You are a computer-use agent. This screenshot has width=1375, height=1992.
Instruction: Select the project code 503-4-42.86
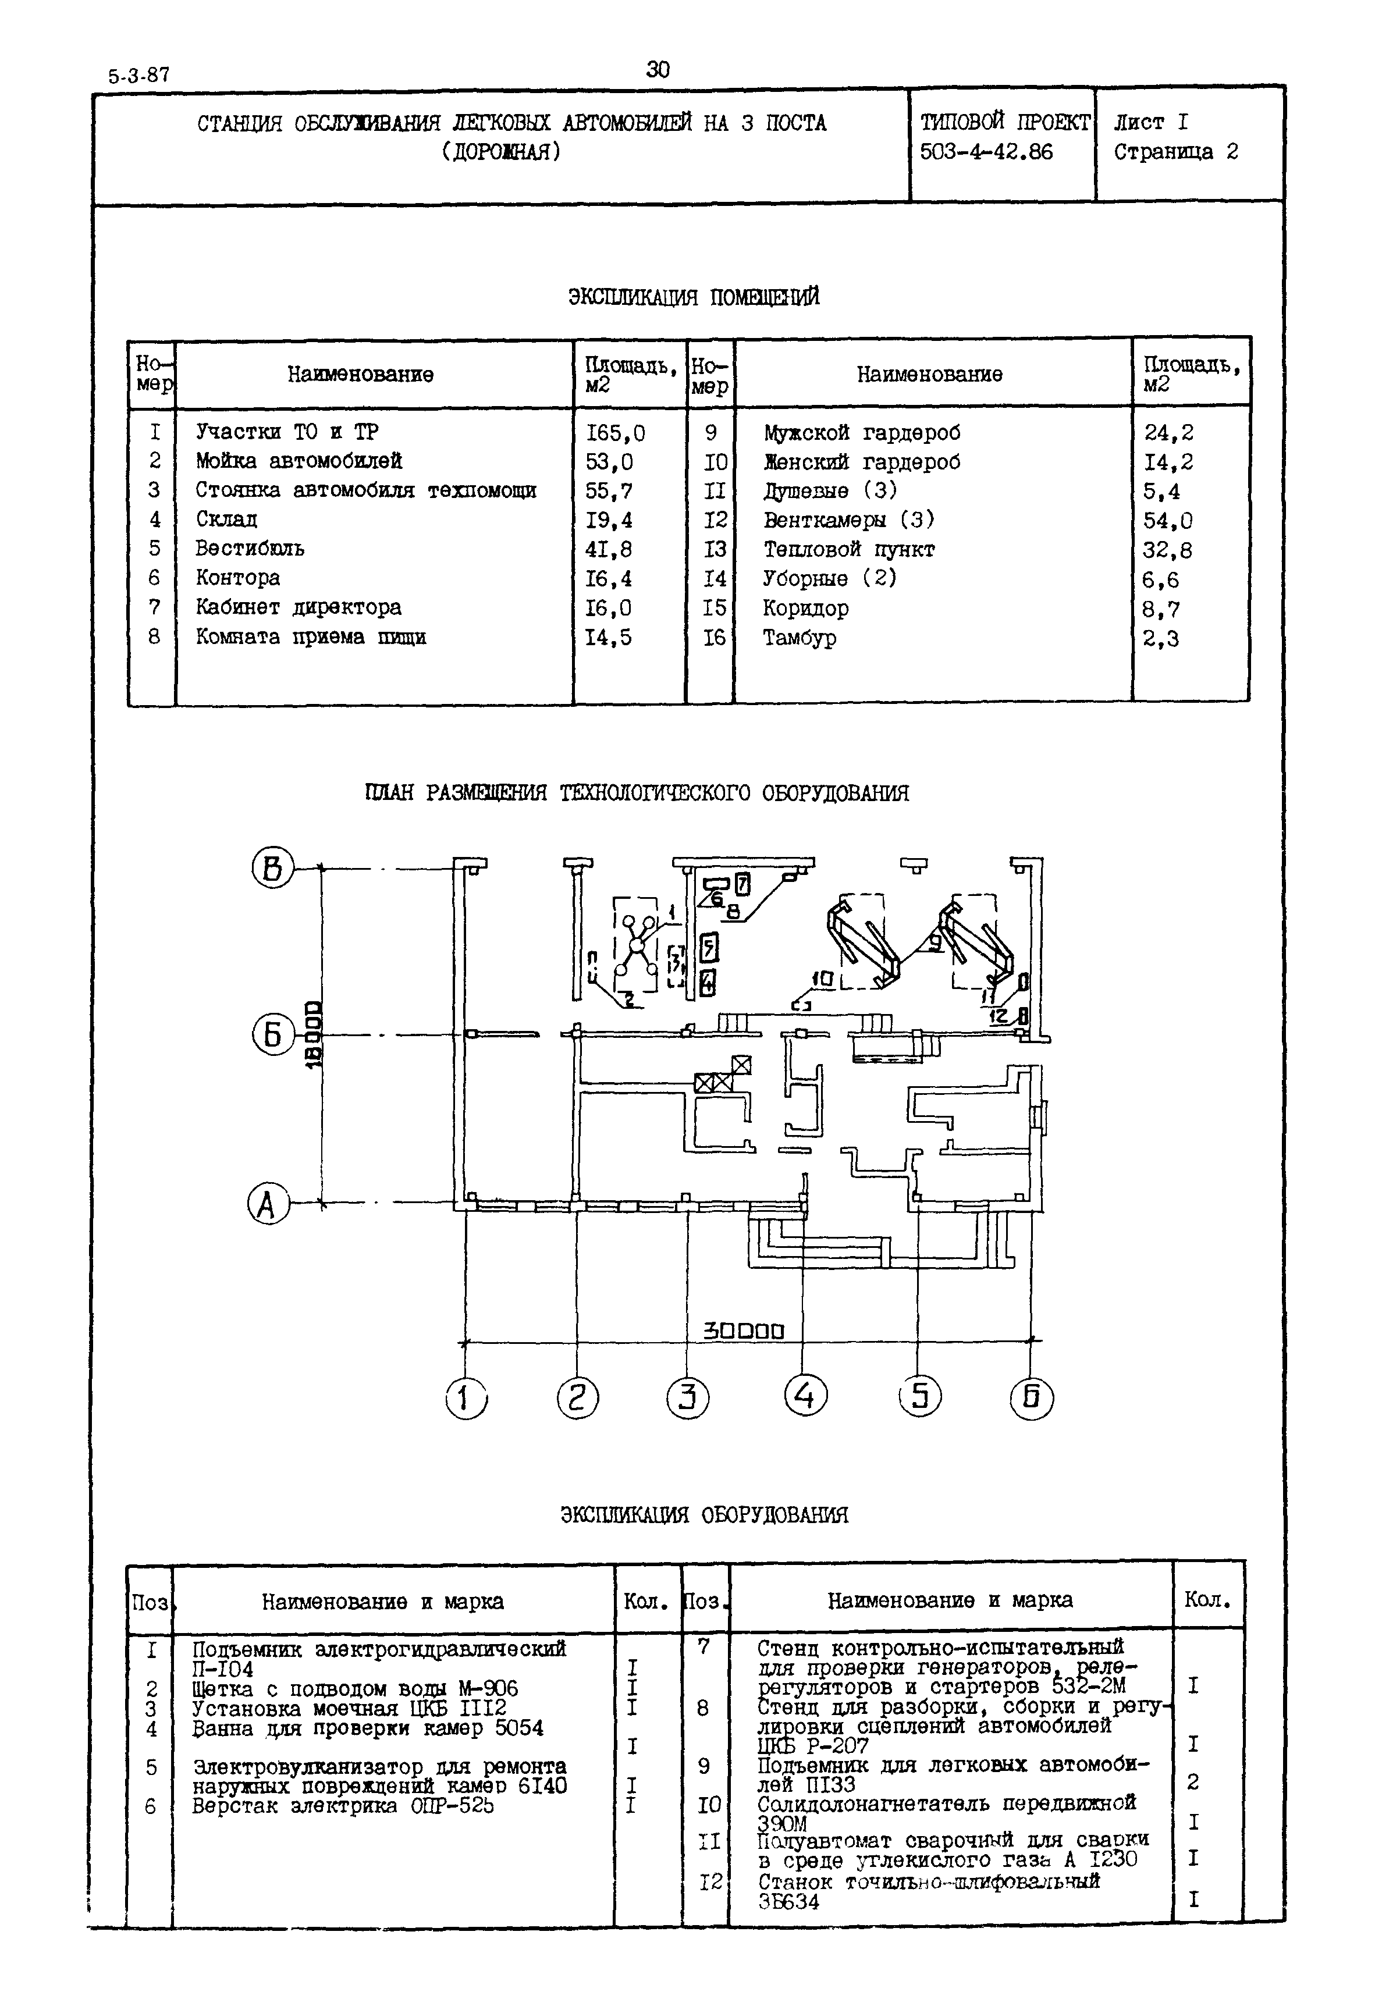click(x=986, y=152)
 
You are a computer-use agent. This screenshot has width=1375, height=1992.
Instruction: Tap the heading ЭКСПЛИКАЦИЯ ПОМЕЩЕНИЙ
click(x=694, y=297)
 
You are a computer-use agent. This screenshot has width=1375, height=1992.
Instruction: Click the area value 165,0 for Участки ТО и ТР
click(x=615, y=432)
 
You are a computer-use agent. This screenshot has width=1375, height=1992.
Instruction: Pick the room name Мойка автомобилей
click(x=298, y=461)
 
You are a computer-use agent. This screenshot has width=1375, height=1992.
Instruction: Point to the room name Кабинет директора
click(x=298, y=607)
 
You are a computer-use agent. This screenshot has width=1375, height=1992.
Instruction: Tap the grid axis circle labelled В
click(x=272, y=868)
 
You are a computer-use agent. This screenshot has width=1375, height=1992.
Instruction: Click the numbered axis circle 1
click(x=466, y=1397)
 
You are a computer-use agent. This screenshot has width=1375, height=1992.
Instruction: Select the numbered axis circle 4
click(x=805, y=1395)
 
